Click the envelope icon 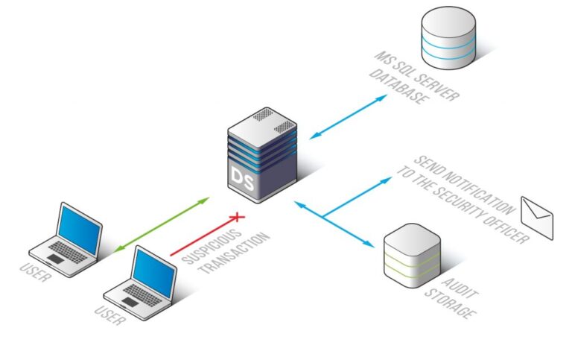(x=536, y=218)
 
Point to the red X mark (x=238, y=217)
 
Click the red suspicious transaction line (x=203, y=236)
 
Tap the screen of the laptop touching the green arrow (x=80, y=227)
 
